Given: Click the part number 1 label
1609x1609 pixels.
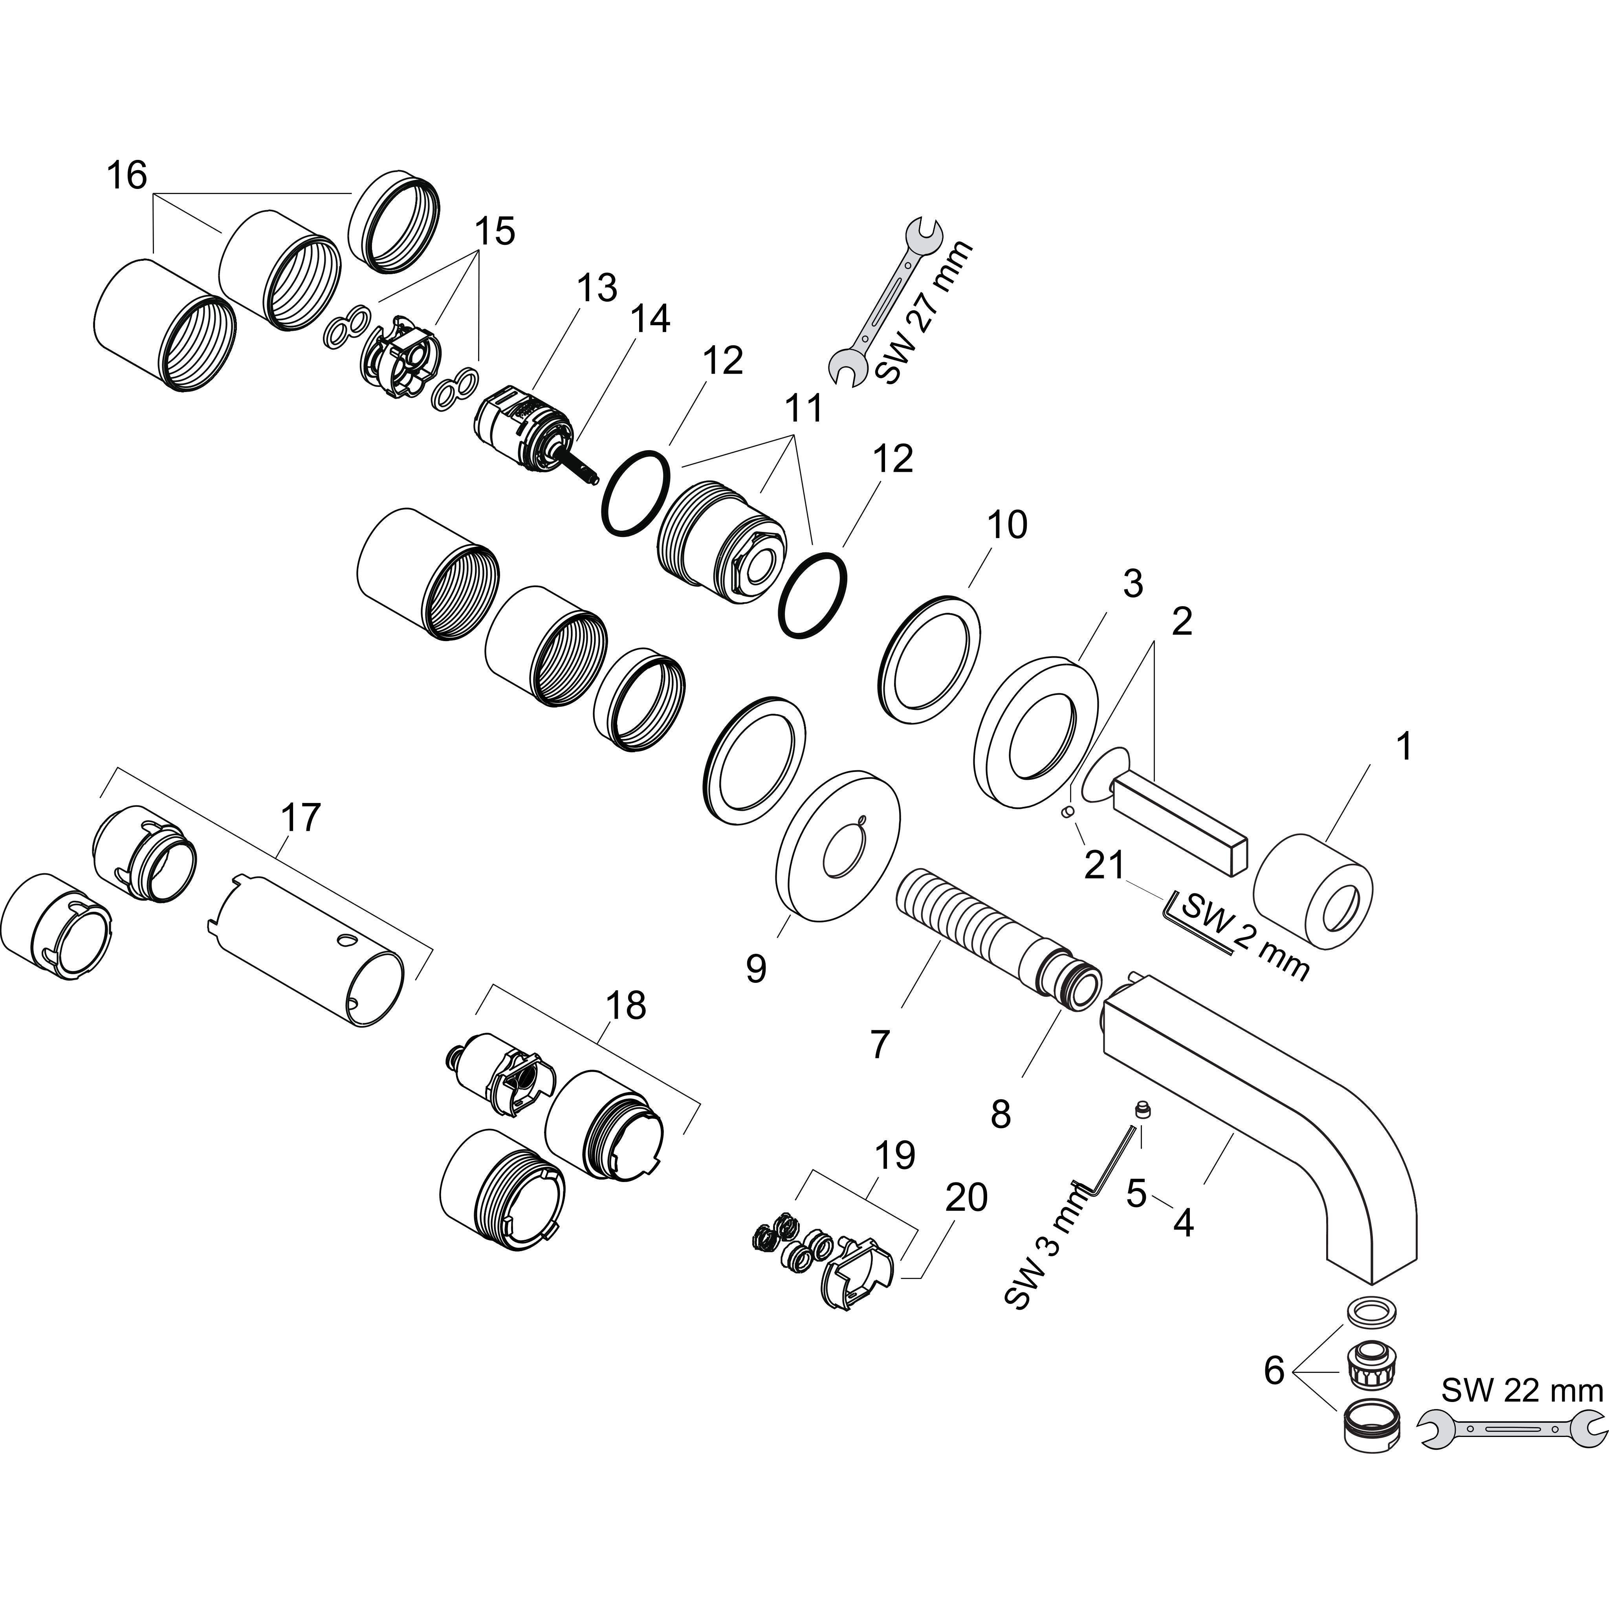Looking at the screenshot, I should point(1404,747).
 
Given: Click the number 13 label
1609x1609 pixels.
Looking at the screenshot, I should point(597,288).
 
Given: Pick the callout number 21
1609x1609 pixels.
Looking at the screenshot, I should point(1104,865).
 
